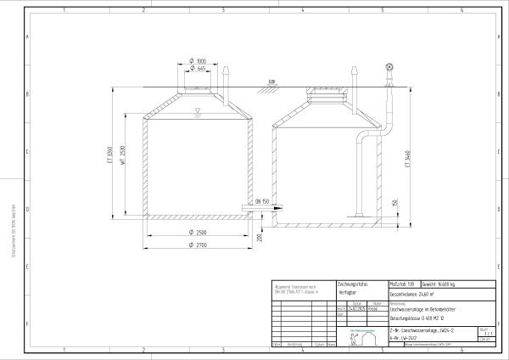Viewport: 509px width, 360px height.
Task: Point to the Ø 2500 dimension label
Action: (200, 232)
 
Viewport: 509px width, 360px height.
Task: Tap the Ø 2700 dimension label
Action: (200, 245)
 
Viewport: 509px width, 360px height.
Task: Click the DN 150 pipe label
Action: (260, 201)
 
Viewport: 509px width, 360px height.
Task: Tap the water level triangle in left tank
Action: (196, 111)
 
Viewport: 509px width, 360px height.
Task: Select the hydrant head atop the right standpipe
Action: (389, 66)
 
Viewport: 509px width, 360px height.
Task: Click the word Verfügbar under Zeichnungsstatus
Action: (351, 291)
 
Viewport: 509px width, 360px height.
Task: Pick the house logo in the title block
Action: (361, 337)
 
